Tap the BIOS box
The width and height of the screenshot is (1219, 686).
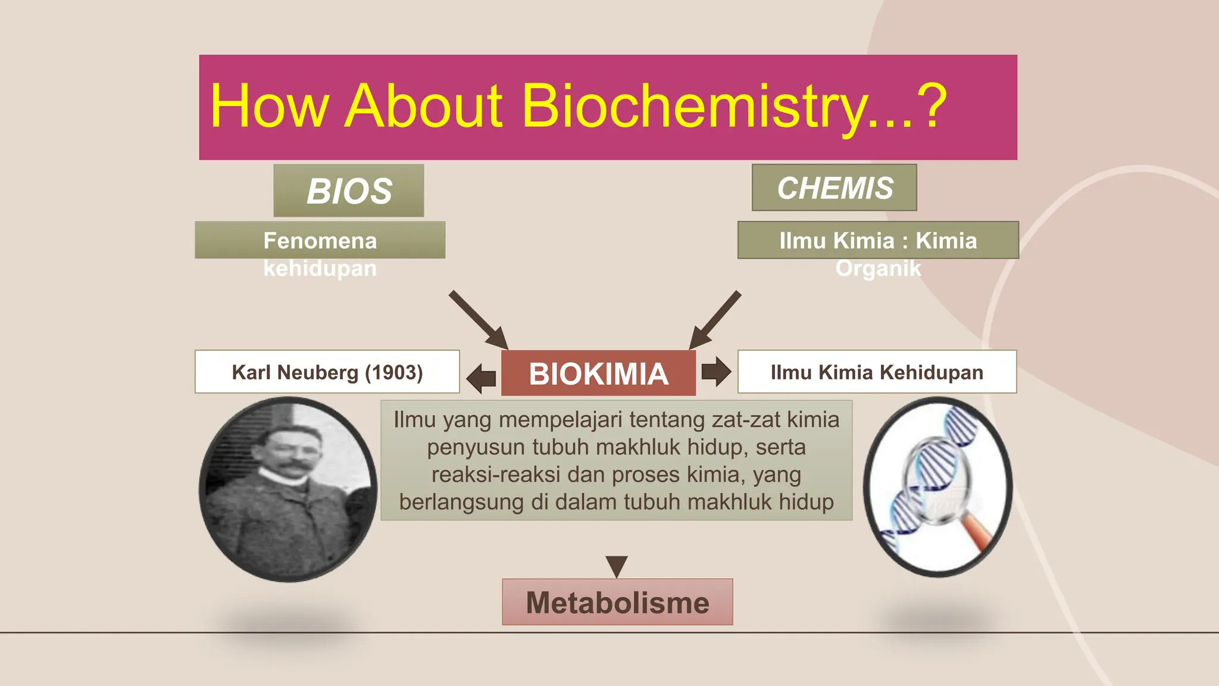349,191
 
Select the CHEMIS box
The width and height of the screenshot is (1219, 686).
834,188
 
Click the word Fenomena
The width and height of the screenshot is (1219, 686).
320,241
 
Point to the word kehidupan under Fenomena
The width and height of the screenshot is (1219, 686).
320,268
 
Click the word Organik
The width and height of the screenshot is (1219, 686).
878,268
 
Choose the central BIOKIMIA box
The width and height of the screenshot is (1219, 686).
598,373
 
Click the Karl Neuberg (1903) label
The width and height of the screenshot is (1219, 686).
327,372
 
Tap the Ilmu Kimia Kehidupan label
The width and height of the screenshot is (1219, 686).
876,372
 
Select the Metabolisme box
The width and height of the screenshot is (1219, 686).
617,602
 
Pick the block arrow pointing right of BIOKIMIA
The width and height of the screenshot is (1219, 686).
715,371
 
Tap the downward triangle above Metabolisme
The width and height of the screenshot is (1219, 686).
617,565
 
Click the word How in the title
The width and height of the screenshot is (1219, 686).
269,107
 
